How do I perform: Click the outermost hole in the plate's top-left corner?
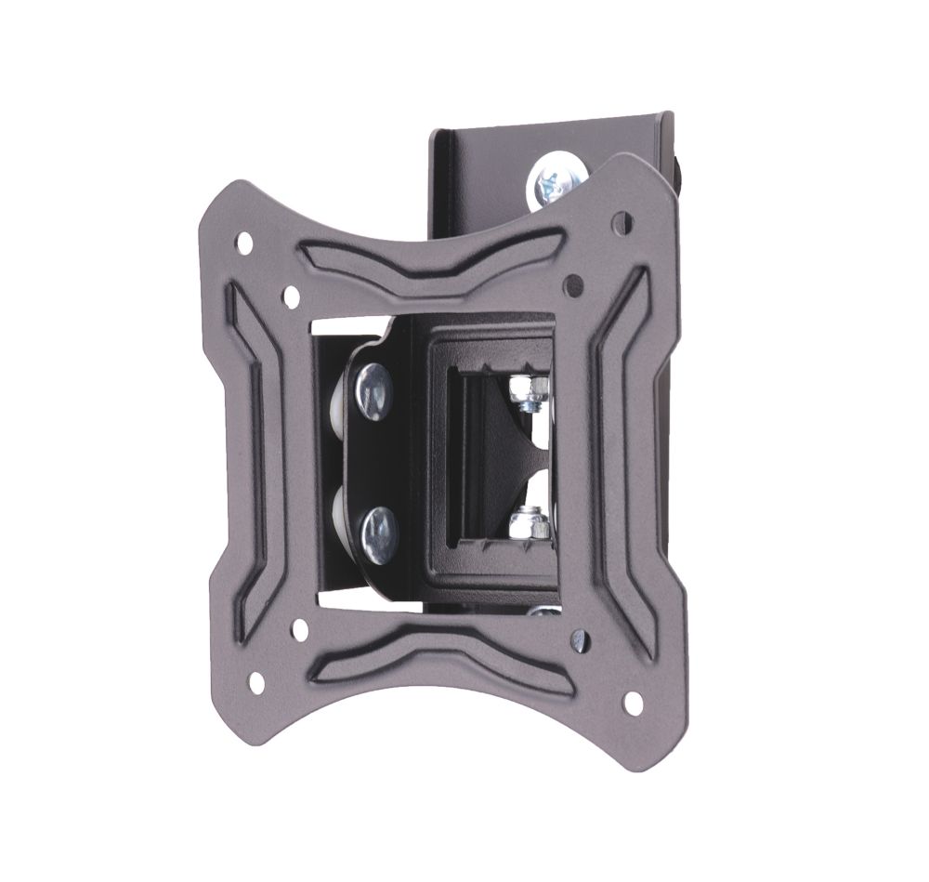click(x=245, y=244)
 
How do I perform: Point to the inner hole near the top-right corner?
click(x=575, y=279)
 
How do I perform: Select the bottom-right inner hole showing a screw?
click(x=581, y=639)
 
